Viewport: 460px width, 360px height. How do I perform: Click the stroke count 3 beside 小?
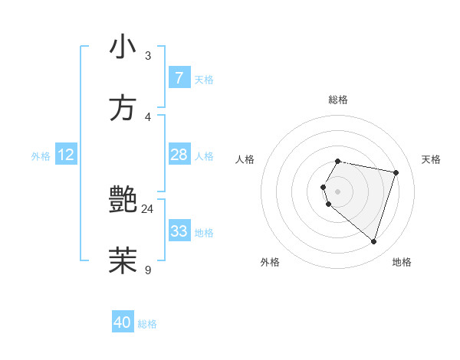[148, 56]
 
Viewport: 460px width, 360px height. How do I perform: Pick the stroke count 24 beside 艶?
[147, 209]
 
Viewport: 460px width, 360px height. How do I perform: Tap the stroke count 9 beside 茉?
[148, 269]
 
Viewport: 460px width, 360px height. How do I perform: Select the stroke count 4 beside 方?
[148, 116]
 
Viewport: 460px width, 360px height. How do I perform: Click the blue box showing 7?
[179, 78]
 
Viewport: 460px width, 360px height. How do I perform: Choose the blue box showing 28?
[179, 155]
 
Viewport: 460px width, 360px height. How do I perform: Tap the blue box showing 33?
[179, 231]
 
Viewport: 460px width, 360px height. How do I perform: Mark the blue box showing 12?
[66, 155]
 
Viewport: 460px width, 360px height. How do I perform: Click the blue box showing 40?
[123, 322]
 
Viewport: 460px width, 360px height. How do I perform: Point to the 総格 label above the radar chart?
[338, 100]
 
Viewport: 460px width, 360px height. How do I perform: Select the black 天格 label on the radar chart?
[432, 159]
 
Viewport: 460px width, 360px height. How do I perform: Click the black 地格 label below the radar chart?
[402, 262]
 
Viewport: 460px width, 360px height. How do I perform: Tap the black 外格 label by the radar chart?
[270, 262]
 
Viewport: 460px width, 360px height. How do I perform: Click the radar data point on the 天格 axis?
[396, 172]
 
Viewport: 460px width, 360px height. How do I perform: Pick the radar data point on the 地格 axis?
[373, 241]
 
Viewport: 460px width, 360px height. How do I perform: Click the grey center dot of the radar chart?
[338, 191]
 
